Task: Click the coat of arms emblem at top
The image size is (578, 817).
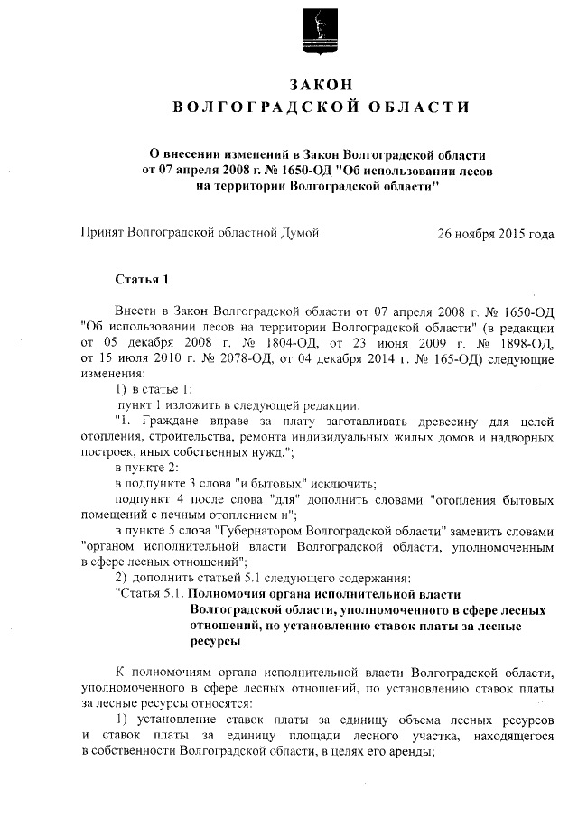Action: [321, 29]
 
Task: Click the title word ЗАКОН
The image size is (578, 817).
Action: [320, 84]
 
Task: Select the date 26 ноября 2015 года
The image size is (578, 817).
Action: [495, 233]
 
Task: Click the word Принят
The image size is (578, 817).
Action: [103, 233]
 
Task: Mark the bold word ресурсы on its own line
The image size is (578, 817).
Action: [216, 642]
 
